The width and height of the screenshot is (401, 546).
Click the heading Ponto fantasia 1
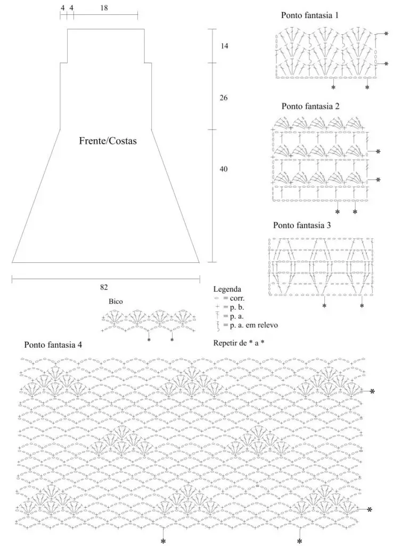pos(309,15)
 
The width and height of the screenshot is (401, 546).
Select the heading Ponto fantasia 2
pos(310,106)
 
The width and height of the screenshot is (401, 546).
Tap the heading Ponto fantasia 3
pos(302,226)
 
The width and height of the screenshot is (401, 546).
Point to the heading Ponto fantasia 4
pos(53,345)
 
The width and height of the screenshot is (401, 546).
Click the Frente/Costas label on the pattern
pos(108,141)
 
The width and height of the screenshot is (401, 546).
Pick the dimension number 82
pos(104,287)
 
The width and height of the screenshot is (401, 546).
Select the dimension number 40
pos(224,169)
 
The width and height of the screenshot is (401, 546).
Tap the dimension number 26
pos(224,98)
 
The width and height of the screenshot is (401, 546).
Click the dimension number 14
pos(224,46)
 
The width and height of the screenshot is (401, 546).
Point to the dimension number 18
pos(104,7)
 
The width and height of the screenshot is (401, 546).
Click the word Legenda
pos(227,289)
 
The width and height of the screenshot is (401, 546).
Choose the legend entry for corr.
pos(229,298)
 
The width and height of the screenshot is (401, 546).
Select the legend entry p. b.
pos(230,307)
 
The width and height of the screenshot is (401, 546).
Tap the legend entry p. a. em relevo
pos(247,325)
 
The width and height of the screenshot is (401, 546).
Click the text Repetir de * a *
pos(239,343)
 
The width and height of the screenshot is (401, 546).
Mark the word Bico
pos(116,302)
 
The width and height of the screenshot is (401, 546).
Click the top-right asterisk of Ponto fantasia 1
pos(386,34)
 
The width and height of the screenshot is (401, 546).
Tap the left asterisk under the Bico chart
pos(149,340)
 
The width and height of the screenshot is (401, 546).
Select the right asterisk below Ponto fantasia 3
pos(362,306)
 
